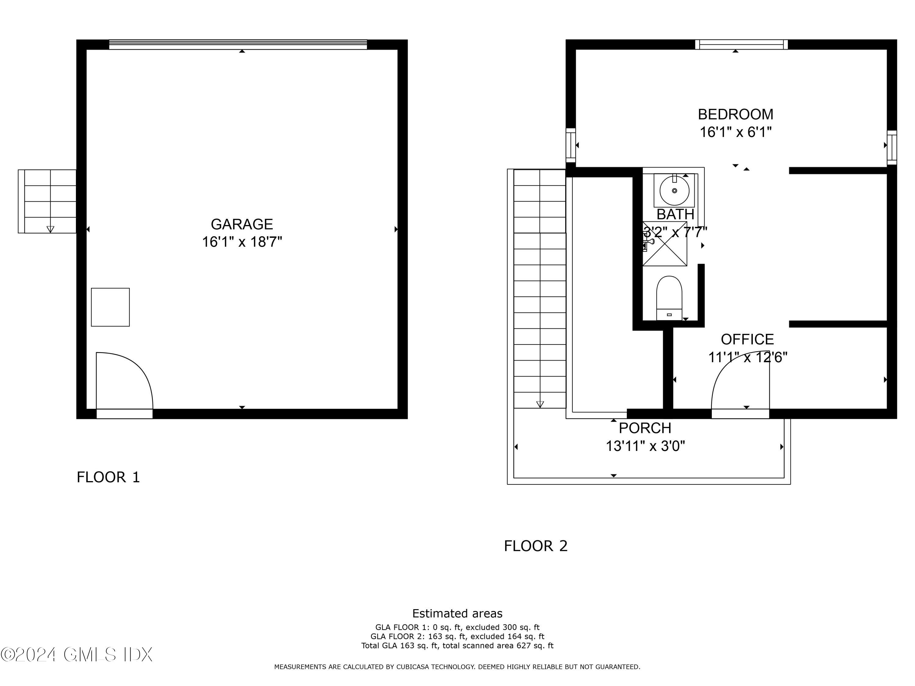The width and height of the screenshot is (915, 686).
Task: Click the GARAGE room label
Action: pos(242,224)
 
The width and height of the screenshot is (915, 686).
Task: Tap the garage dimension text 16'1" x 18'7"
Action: pos(242,242)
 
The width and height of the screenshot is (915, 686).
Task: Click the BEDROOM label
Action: pos(735,114)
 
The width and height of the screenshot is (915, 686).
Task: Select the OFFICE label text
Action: pos(747,339)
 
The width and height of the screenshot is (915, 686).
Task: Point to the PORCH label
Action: pos(644,428)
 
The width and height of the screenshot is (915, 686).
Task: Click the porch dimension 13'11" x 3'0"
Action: pos(645,446)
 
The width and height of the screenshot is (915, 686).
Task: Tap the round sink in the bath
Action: pos(674,191)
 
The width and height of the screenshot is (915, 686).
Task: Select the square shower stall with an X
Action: pos(665,249)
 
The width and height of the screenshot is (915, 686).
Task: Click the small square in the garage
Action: pos(110,307)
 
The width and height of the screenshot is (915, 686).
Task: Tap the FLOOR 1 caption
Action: pos(108,477)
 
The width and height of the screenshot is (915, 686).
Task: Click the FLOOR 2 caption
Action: pos(535,546)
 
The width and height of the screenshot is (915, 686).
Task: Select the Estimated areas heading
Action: pos(457,613)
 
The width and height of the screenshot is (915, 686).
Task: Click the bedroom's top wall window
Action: pos(741,44)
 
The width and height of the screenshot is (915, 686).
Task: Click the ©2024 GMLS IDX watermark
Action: pos(77,655)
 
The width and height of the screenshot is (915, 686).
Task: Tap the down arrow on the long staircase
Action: pos(540,404)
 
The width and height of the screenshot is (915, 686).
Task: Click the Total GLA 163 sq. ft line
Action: pos(457,645)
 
